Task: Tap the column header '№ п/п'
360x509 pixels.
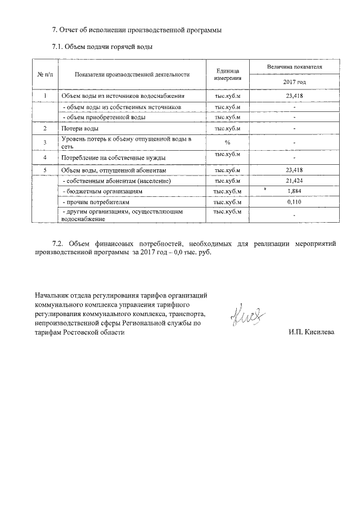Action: coord(44,74)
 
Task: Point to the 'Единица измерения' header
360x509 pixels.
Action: coord(227,74)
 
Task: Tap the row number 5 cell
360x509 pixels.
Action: coord(44,170)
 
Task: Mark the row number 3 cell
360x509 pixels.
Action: coord(44,142)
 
